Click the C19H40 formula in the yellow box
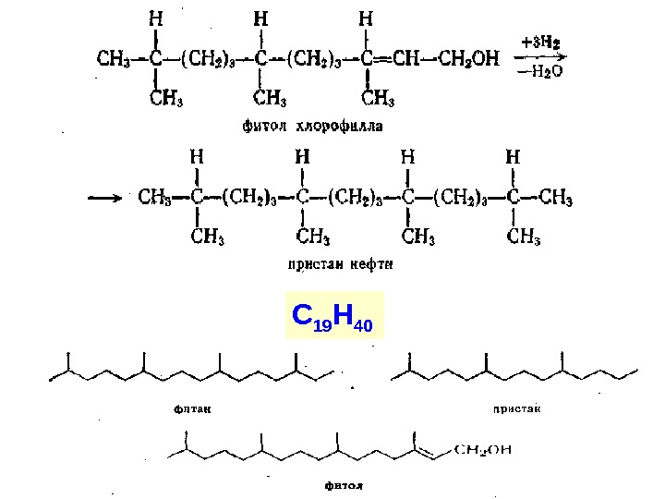[x=332, y=317]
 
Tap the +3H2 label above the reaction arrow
[x=540, y=42]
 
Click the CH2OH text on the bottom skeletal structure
[x=482, y=450]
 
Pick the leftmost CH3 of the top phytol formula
[x=115, y=59]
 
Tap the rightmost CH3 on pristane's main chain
[x=554, y=196]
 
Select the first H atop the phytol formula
[x=156, y=18]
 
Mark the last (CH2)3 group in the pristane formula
[x=457, y=196]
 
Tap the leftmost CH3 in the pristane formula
[x=154, y=196]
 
